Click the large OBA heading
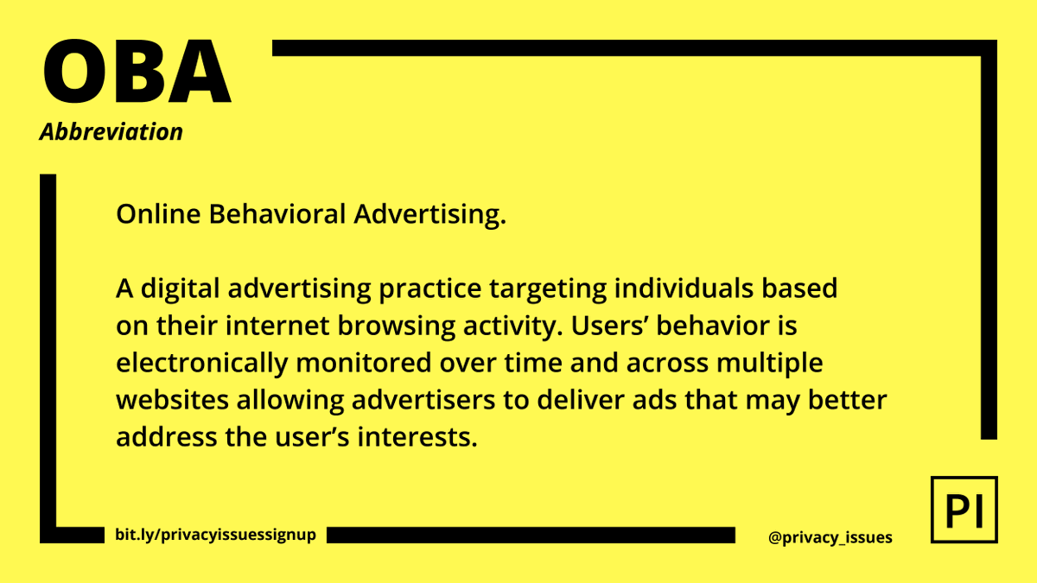[137, 71]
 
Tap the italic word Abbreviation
[111, 132]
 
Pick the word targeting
[515, 289]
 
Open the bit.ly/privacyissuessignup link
[215, 535]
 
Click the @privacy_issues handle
[830, 537]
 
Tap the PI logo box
[964, 510]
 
